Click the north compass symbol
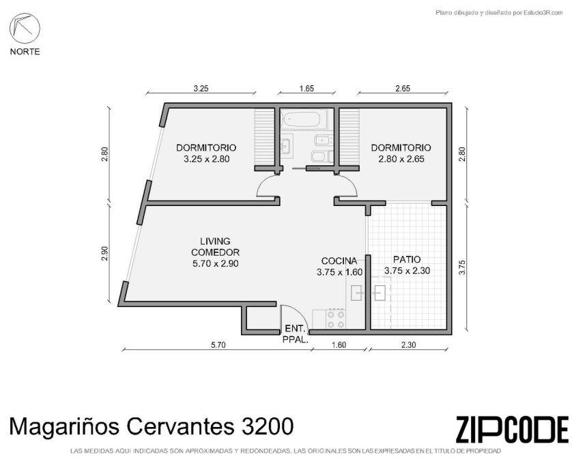25,29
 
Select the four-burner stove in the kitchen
336,319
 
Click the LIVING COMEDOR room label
215,252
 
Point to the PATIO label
407,259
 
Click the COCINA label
339,261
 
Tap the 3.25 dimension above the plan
201,88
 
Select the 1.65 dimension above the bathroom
306,88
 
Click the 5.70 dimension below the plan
218,344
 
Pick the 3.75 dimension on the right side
463,267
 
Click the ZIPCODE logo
512,429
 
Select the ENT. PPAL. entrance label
296,334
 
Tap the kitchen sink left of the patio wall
357,293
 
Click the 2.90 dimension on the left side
104,254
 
